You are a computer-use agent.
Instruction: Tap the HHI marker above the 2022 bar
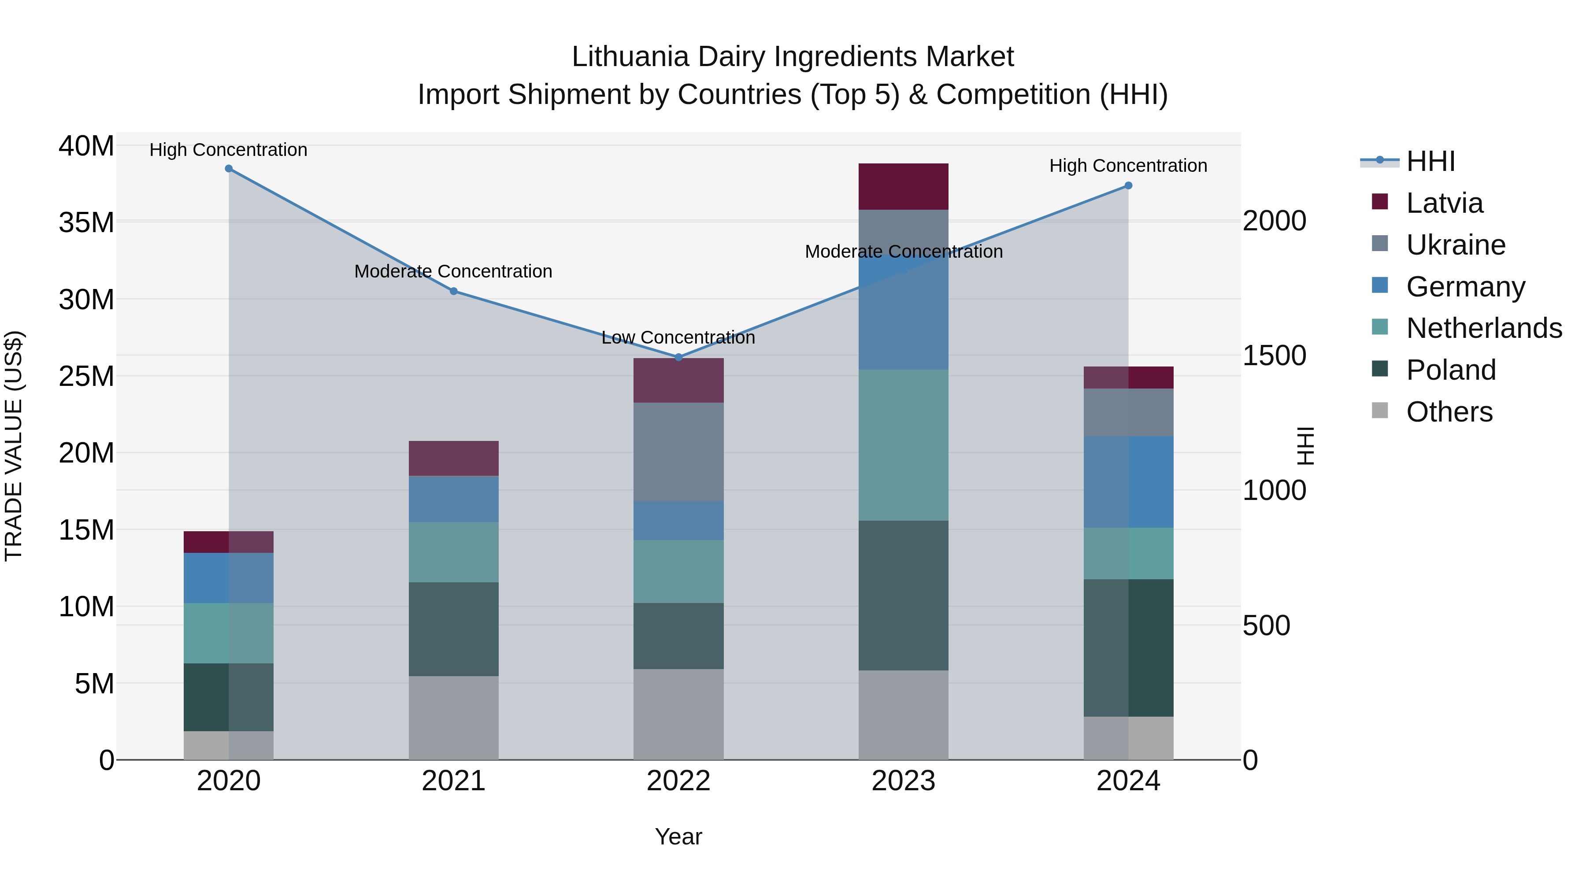(x=678, y=357)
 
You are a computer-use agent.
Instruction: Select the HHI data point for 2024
(x=1128, y=185)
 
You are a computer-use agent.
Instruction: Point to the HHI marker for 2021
(x=454, y=291)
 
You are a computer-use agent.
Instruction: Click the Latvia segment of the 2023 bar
(x=903, y=186)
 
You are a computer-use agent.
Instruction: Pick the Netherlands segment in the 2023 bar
(x=903, y=445)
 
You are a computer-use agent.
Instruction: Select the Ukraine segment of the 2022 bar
(x=678, y=452)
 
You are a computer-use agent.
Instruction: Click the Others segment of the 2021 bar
(x=454, y=718)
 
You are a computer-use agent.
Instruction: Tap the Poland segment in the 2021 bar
(x=454, y=629)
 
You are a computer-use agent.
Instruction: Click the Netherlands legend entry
(x=1484, y=328)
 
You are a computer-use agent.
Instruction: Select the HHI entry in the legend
(x=1430, y=161)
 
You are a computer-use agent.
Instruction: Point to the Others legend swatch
(x=1380, y=411)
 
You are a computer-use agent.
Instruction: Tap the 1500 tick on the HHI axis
(x=1274, y=356)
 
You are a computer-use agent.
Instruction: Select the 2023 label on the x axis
(x=903, y=781)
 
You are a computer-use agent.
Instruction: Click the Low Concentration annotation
(x=678, y=337)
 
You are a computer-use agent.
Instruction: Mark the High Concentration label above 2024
(x=1128, y=166)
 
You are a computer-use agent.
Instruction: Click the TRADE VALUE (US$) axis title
(x=14, y=446)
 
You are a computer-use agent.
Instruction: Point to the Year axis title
(x=678, y=836)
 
